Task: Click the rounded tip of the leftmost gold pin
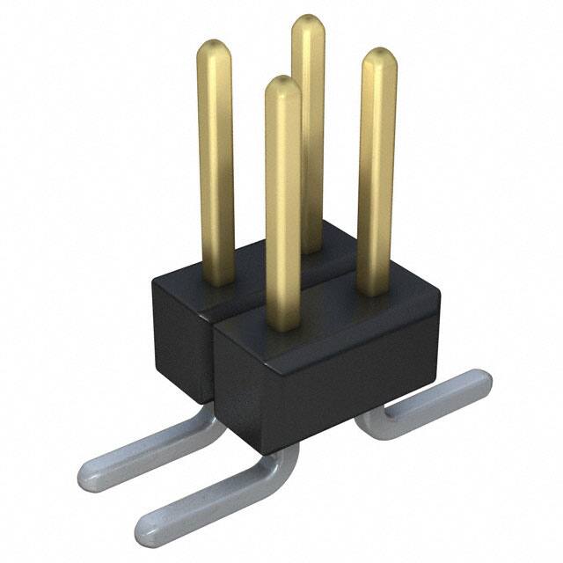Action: [x=214, y=48]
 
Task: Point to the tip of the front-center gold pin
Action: [x=282, y=84]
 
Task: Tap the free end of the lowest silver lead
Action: [x=148, y=525]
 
